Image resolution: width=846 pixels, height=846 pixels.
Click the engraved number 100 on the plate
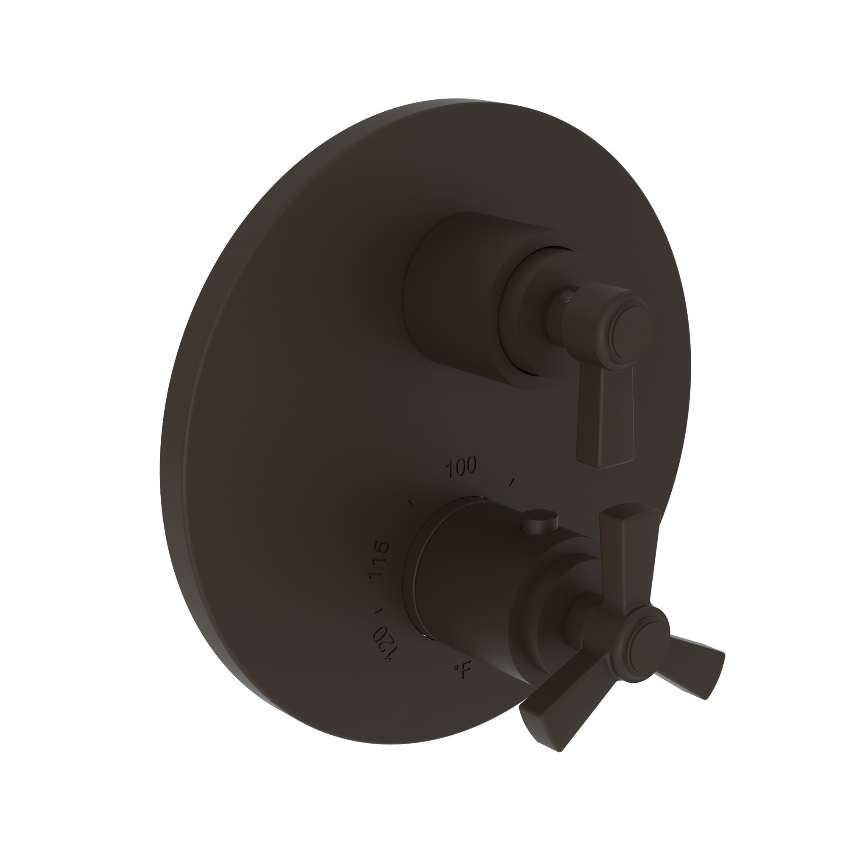461,468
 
